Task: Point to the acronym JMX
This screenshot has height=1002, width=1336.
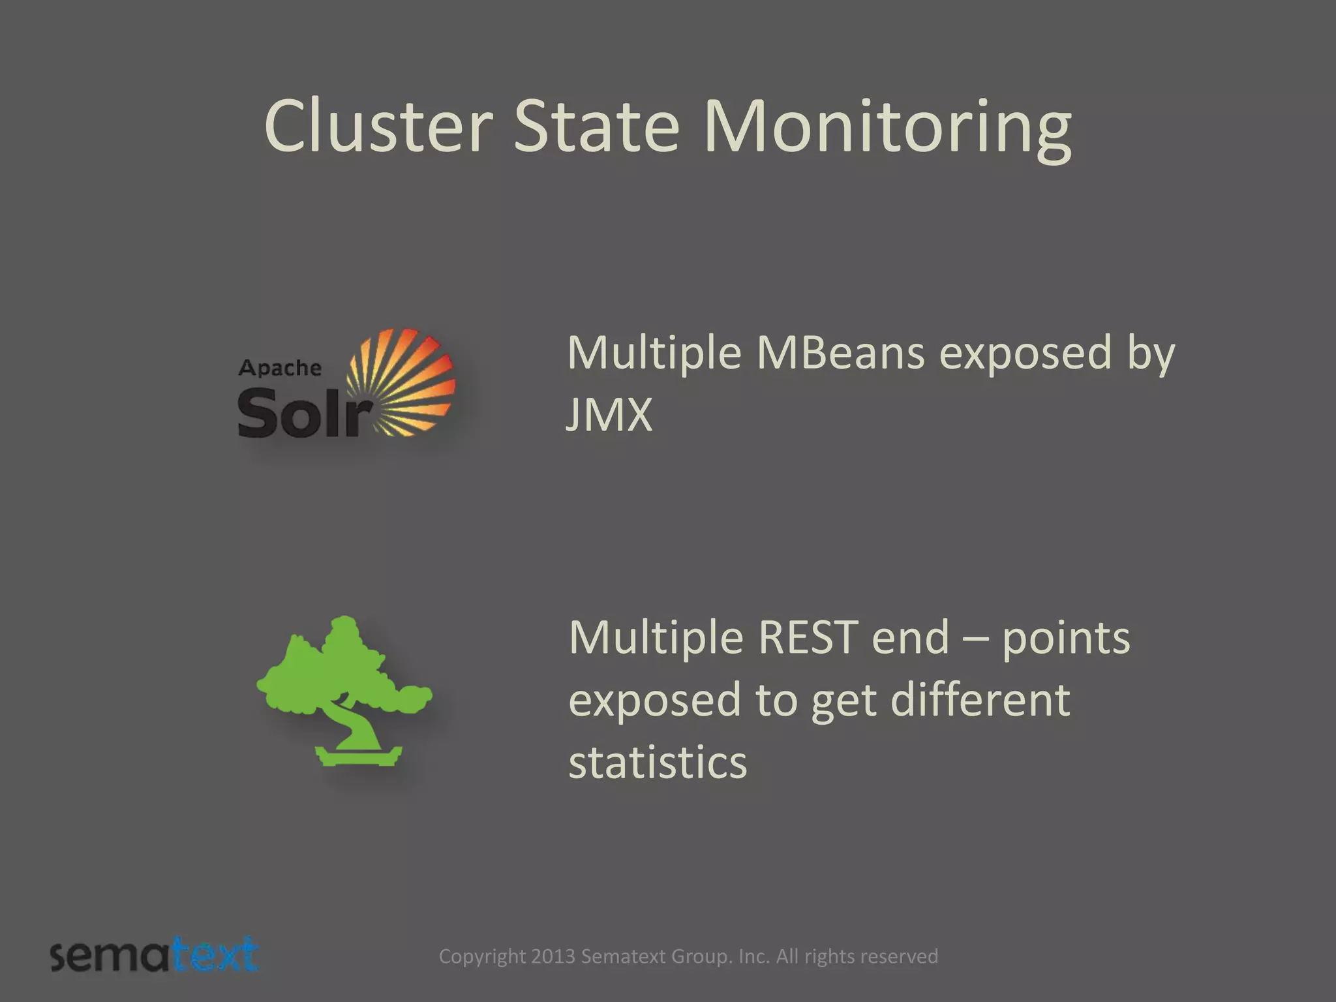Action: pos(609,414)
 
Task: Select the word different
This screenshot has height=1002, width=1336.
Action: pos(980,699)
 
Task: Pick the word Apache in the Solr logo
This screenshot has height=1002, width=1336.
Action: pos(280,368)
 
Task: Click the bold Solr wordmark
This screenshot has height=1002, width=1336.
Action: pos(303,412)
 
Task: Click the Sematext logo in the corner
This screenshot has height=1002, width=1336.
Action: pos(155,955)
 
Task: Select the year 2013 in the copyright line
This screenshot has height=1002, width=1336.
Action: pos(553,956)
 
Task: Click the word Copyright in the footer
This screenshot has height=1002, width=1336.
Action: pos(482,956)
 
